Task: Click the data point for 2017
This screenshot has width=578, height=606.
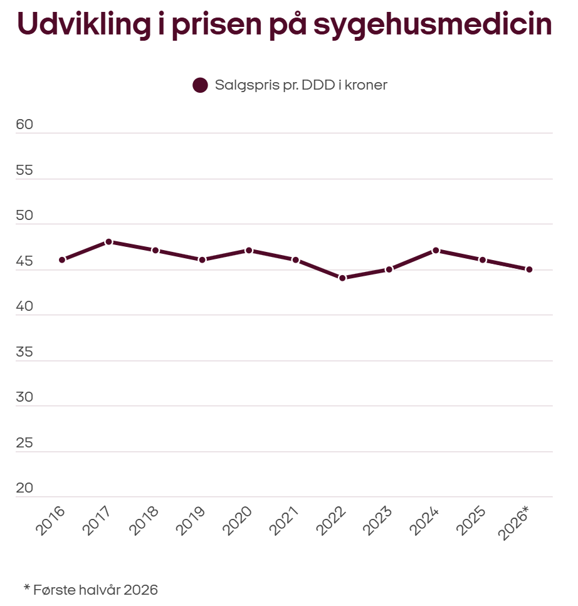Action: coord(108,242)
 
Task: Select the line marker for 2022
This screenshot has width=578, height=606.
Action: coord(342,278)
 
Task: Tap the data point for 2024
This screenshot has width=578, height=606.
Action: coord(436,251)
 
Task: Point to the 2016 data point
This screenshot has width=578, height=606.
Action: coord(62,259)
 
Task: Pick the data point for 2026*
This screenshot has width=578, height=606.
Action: coord(529,269)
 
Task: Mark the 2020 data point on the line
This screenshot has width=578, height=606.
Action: coord(249,251)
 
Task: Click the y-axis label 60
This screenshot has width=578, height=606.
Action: coord(24,125)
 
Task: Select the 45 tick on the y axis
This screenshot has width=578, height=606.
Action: coord(24,261)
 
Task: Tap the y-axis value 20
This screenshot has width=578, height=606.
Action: coord(24,488)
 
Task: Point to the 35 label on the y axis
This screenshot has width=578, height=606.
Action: coord(24,352)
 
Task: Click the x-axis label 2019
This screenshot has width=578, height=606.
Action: coord(190,521)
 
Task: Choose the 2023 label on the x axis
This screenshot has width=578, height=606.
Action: coord(377,521)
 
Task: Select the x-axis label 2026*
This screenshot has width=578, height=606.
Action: coord(513,523)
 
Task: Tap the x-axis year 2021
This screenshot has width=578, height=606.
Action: coord(284,521)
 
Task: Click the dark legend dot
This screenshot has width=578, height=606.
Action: coord(200,85)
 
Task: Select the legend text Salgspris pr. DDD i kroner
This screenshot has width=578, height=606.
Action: coord(301,85)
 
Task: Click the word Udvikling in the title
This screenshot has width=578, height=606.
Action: coord(84,24)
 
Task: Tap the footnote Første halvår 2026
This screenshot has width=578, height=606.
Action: coord(95,590)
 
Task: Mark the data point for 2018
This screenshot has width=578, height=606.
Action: coord(155,251)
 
